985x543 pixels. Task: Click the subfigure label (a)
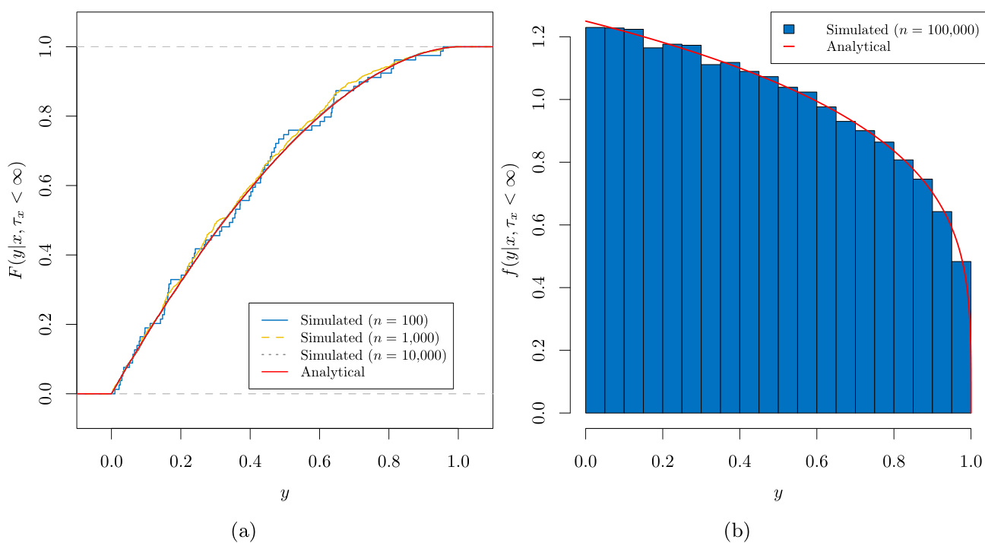click(x=243, y=531)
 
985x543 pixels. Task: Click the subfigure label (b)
click(x=736, y=531)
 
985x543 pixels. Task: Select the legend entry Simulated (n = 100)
click(x=364, y=319)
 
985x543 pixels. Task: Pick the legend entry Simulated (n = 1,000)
click(x=370, y=337)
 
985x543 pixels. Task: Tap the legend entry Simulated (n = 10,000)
click(x=373, y=355)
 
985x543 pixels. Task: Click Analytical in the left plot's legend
click(x=333, y=373)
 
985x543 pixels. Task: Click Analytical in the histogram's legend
click(x=858, y=46)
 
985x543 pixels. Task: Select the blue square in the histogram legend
click(x=789, y=29)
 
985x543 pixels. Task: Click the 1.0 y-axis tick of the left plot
click(x=46, y=47)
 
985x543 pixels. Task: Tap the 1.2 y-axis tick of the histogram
click(x=540, y=37)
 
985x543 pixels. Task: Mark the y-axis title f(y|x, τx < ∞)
click(x=512, y=221)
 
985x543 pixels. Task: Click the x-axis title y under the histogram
click(x=778, y=495)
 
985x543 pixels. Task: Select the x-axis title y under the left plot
click(x=284, y=495)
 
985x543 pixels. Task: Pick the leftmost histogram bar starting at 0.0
click(x=595, y=221)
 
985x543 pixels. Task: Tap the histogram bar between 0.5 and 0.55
click(x=787, y=251)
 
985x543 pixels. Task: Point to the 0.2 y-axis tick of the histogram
click(x=540, y=351)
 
